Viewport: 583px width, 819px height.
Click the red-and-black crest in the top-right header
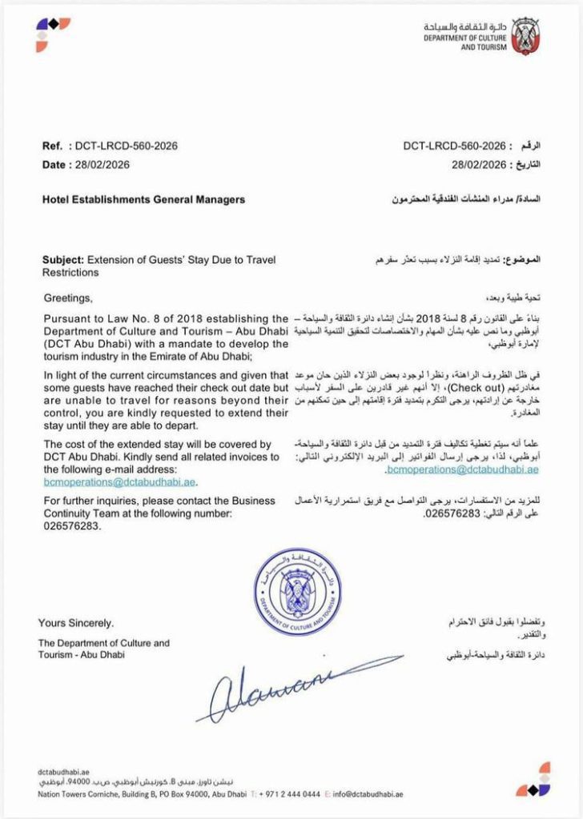point(525,35)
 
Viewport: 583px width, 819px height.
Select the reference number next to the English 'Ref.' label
point(126,146)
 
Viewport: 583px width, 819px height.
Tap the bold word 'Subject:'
point(62,261)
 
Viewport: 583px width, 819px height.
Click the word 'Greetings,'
point(68,299)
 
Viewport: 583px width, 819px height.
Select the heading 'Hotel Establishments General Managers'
point(143,199)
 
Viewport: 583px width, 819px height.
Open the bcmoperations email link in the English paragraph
point(120,482)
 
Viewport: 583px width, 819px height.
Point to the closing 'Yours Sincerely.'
point(76,622)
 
